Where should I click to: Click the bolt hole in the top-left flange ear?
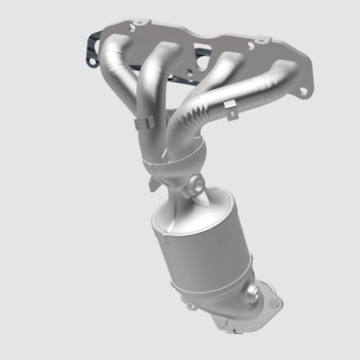pyautogui.click(x=131, y=28)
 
